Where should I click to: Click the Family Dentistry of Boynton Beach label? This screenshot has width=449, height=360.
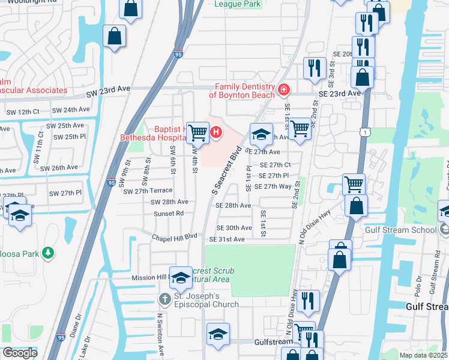(241, 90)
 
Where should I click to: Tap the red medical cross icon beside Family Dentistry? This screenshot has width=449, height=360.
(284, 91)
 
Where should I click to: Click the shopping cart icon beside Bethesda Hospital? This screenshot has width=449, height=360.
(197, 133)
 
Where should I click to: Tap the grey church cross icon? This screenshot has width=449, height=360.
(165, 299)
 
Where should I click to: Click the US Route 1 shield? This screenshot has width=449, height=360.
(363, 131)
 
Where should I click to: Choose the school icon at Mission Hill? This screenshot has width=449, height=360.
(181, 277)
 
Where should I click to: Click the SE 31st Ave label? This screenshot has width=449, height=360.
(226, 239)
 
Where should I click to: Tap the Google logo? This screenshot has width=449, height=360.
(20, 352)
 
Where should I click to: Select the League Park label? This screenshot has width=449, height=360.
(238, 4)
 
